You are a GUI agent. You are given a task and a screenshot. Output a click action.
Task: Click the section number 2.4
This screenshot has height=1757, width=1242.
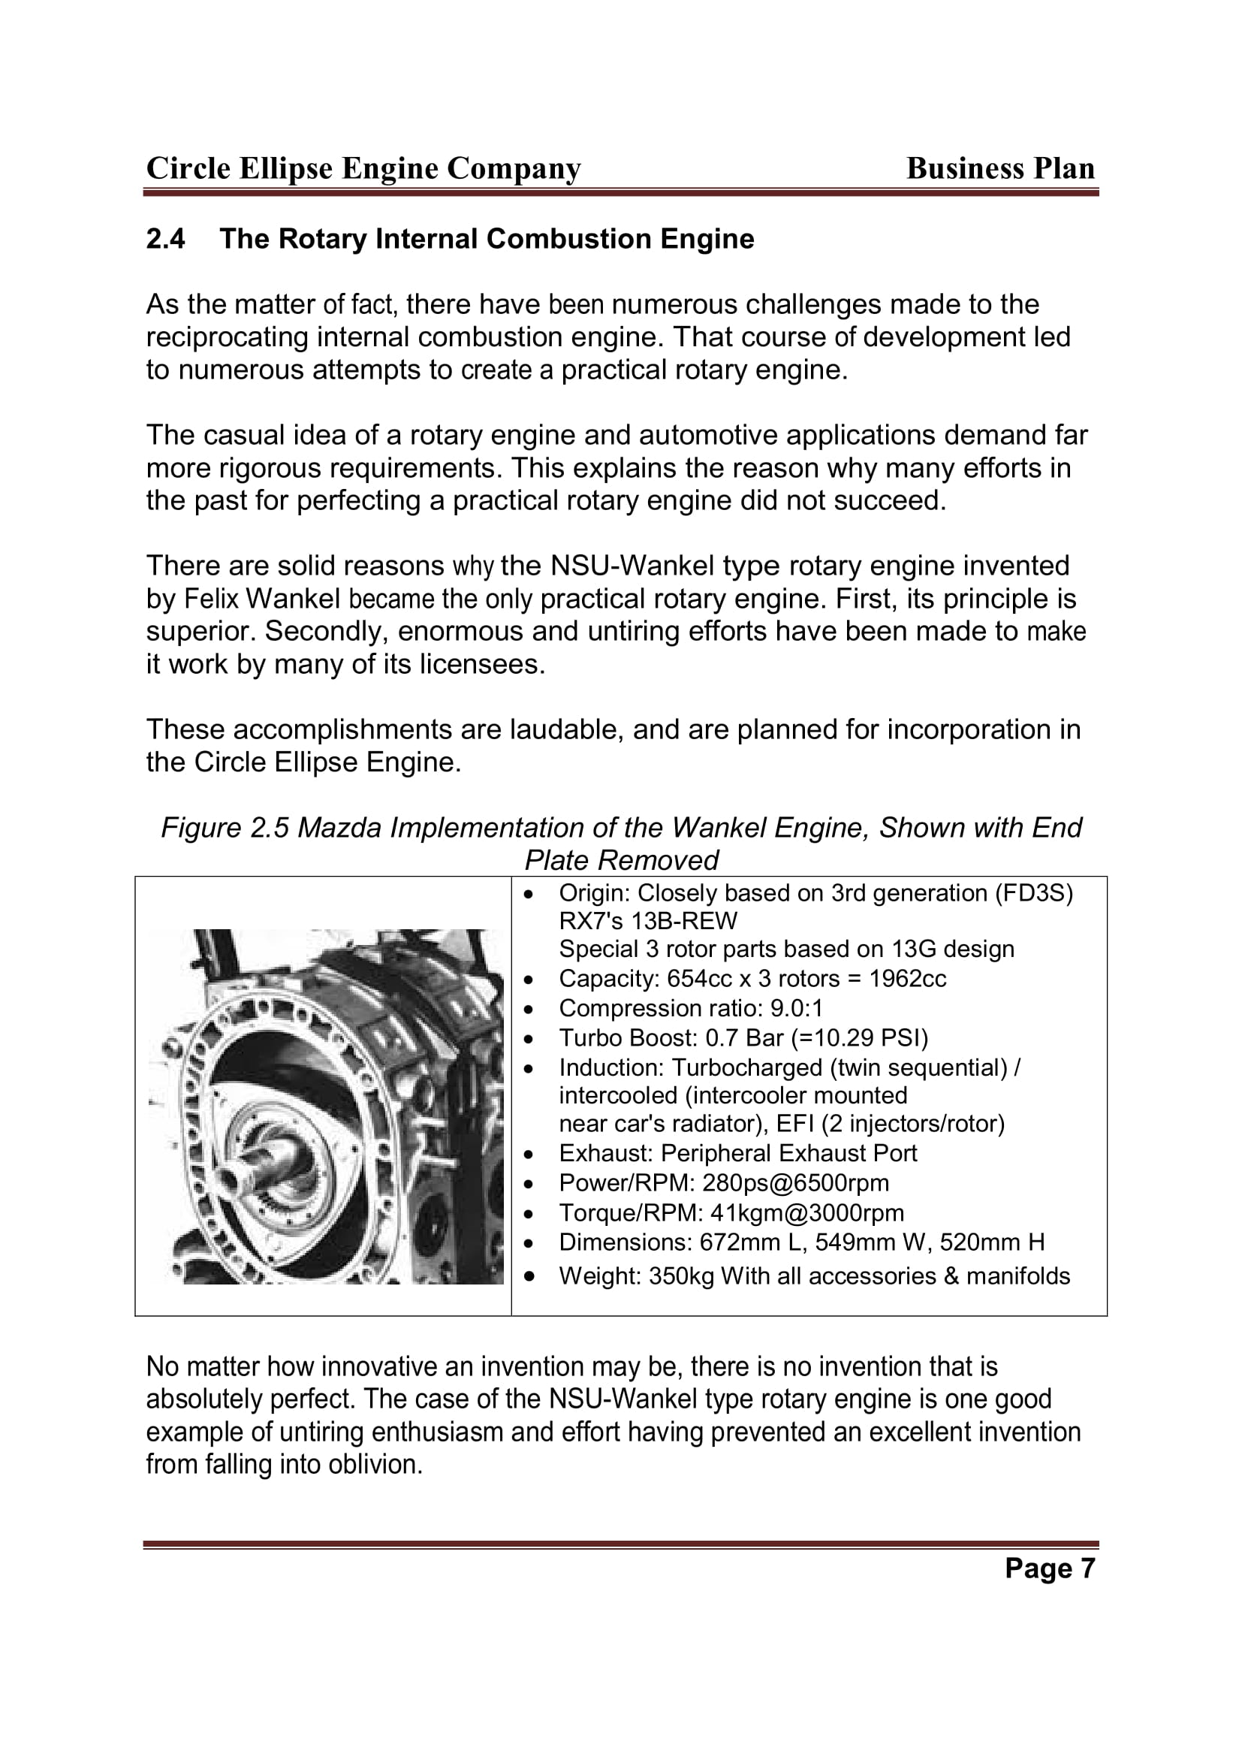point(165,240)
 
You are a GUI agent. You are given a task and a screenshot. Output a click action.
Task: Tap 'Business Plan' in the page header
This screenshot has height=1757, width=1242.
point(1000,168)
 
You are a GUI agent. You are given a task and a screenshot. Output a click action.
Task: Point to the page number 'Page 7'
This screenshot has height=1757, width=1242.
point(1049,1568)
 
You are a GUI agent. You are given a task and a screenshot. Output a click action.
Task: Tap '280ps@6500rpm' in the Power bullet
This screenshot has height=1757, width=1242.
point(795,1183)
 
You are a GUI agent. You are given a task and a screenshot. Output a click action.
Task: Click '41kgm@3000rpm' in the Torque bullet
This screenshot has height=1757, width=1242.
point(806,1213)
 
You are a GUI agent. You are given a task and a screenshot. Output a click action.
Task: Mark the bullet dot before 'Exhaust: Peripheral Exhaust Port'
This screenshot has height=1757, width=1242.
point(529,1154)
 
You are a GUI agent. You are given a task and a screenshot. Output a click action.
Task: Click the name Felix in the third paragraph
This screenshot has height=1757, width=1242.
point(212,599)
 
